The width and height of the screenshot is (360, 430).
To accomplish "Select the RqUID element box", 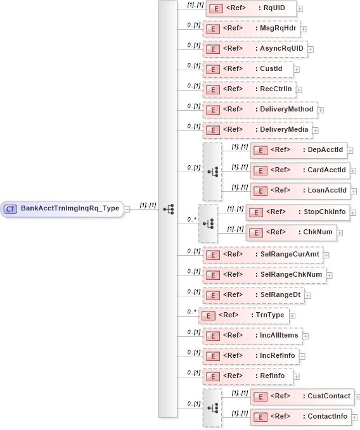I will pos(251,9).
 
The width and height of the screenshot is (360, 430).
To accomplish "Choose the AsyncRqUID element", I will pos(255,49).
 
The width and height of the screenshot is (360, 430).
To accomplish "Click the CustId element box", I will pos(248,69).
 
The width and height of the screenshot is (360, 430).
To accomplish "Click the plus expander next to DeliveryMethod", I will pos(321,110).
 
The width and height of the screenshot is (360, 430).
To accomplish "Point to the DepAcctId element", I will pos(299,150).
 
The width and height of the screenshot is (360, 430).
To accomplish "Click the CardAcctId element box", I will pos(300,170).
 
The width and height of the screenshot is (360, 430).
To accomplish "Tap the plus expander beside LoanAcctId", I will pos(350,191).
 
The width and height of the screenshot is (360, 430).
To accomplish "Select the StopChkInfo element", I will pos(297,212).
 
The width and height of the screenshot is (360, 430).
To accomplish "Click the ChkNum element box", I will pos(290,232).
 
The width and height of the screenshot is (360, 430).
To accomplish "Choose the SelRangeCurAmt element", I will pos(262,255).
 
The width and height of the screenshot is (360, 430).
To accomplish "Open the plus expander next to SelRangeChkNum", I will pos(329,275).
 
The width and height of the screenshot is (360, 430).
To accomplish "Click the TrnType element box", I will pos(247,315).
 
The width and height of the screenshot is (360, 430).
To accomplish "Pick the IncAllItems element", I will pos(253,336).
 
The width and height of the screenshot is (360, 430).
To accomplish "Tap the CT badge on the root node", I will pos(10,208).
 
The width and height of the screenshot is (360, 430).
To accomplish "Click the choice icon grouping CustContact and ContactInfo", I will pos(212,408).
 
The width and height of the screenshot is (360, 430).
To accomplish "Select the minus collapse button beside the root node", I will pos(127,208).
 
